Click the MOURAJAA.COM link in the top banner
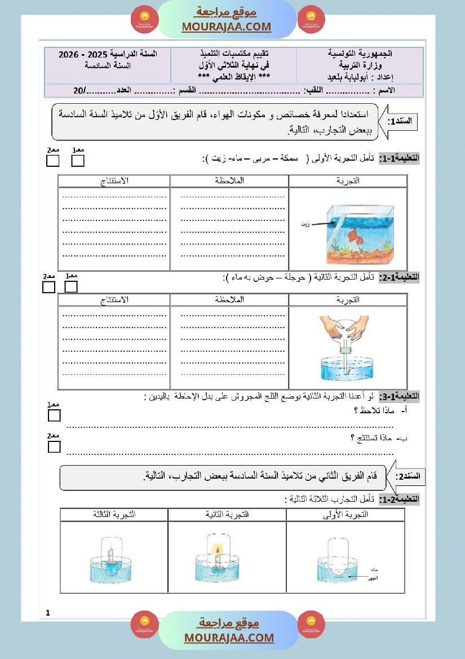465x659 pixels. [227, 26]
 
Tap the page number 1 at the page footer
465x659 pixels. [48, 613]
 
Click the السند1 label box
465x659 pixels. [402, 121]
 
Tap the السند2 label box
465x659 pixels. [407, 477]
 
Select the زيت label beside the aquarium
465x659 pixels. [306, 224]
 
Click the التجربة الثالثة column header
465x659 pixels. [114, 515]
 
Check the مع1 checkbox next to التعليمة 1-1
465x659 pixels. [78, 161]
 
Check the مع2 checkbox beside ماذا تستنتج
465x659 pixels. [54, 446]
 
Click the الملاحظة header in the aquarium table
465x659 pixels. [229, 181]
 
